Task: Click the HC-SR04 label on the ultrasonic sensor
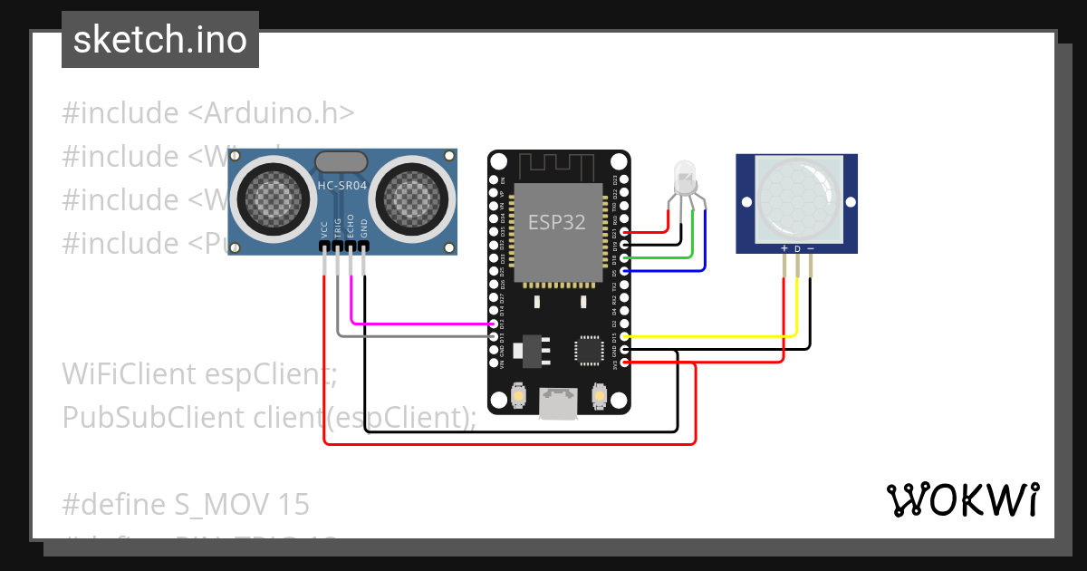tap(341, 186)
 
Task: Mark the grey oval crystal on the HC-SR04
tap(341, 161)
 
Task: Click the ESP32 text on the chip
tap(556, 222)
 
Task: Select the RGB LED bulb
tap(686, 175)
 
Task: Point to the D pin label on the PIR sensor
tap(797, 248)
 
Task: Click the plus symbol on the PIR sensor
tap(784, 248)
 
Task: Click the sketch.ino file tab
tap(160, 40)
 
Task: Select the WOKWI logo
tap(962, 499)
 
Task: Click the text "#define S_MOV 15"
tap(186, 504)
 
